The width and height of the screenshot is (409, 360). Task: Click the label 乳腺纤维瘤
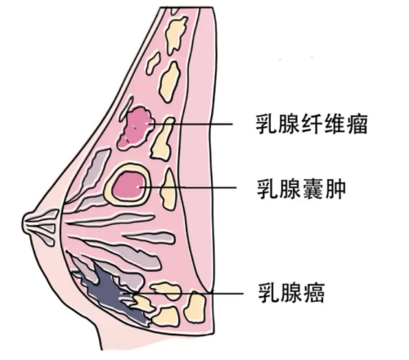pyautogui.click(x=312, y=124)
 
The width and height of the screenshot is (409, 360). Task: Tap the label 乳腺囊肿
pyautogui.click(x=302, y=188)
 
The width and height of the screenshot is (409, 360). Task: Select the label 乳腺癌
pyautogui.click(x=291, y=293)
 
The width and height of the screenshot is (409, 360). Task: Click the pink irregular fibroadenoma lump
pyautogui.click(x=136, y=128)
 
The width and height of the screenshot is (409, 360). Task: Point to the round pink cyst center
pyautogui.click(x=128, y=186)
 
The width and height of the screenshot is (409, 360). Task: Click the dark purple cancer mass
pyautogui.click(x=109, y=292)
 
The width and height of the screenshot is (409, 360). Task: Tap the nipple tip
pyautogui.click(x=23, y=224)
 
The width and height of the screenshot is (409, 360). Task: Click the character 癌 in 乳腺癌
pyautogui.click(x=314, y=293)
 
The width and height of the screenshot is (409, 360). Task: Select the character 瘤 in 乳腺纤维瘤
pyautogui.click(x=357, y=124)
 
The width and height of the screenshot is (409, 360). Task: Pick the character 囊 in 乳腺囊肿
pyautogui.click(x=313, y=188)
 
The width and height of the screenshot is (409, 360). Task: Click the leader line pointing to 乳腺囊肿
pyautogui.click(x=188, y=187)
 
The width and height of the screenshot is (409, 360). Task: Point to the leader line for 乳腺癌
pyautogui.click(x=183, y=294)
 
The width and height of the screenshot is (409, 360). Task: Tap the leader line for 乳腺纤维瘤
pyautogui.click(x=190, y=124)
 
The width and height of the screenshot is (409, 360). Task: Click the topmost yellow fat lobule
pyautogui.click(x=176, y=34)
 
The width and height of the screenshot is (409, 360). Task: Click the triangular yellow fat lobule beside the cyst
pyautogui.click(x=169, y=190)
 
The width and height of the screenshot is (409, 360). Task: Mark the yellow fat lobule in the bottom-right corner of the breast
pyautogui.click(x=195, y=307)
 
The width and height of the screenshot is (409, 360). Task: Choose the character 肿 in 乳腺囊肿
pyautogui.click(x=335, y=188)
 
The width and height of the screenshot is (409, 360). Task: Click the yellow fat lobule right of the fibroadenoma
pyautogui.click(x=163, y=138)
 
